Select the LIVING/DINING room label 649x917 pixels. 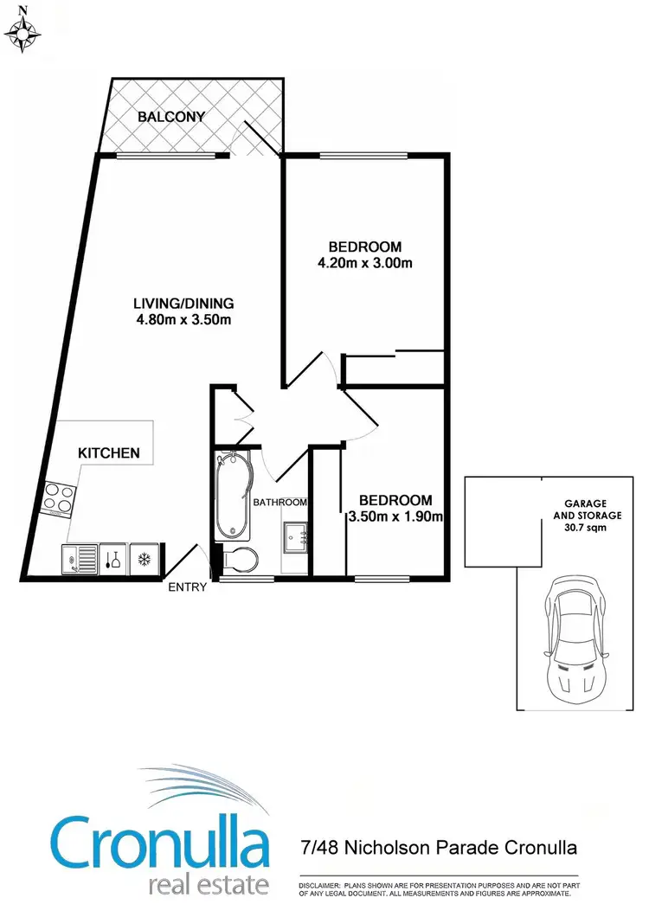(x=183, y=304)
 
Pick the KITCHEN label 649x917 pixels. (x=108, y=452)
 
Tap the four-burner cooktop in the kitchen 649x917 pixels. (x=58, y=497)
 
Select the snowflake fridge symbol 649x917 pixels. (x=142, y=559)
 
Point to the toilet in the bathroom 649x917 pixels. (x=239, y=560)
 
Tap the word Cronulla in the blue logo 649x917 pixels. (x=159, y=843)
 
